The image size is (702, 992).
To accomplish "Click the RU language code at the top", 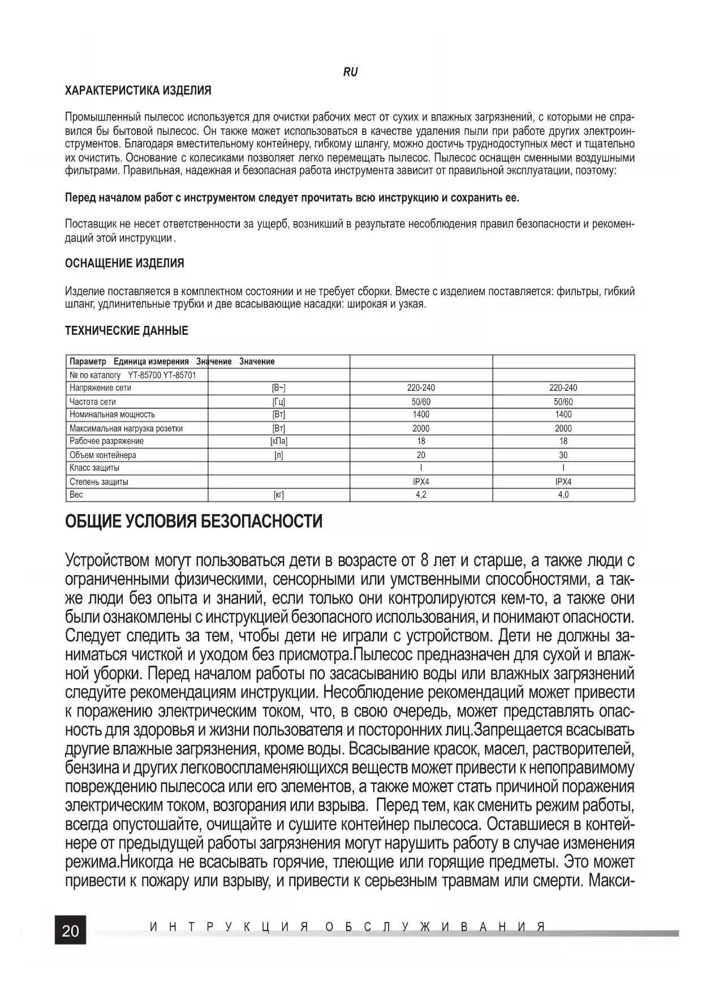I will [350, 72].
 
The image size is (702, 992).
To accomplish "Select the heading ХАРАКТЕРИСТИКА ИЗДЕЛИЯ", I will [138, 90].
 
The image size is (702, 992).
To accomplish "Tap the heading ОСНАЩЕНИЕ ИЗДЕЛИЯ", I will [124, 264].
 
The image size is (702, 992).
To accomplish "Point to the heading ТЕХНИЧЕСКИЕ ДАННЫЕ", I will [127, 331].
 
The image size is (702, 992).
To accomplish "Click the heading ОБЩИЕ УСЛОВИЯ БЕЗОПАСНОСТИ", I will [194, 521].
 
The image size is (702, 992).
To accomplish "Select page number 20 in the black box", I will [70, 931].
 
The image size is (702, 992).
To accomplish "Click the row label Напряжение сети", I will [100, 388].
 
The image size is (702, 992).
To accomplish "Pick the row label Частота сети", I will [92, 402].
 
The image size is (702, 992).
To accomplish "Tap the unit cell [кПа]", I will [279, 441].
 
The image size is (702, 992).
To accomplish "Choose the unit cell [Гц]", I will [279, 402].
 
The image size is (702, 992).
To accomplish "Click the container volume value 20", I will [421, 455].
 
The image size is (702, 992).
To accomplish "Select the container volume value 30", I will [563, 455].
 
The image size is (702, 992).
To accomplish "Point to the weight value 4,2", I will [421, 495].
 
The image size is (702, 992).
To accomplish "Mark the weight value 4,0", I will [563, 495].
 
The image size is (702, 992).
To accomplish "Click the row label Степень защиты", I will [98, 482].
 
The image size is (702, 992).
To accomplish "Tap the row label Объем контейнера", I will [102, 455].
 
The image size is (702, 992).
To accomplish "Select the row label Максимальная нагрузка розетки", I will [126, 428].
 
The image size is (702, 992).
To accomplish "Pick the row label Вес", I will [76, 495].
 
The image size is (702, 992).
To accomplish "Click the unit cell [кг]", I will [279, 495].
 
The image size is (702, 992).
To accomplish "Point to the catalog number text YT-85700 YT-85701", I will [162, 375].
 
